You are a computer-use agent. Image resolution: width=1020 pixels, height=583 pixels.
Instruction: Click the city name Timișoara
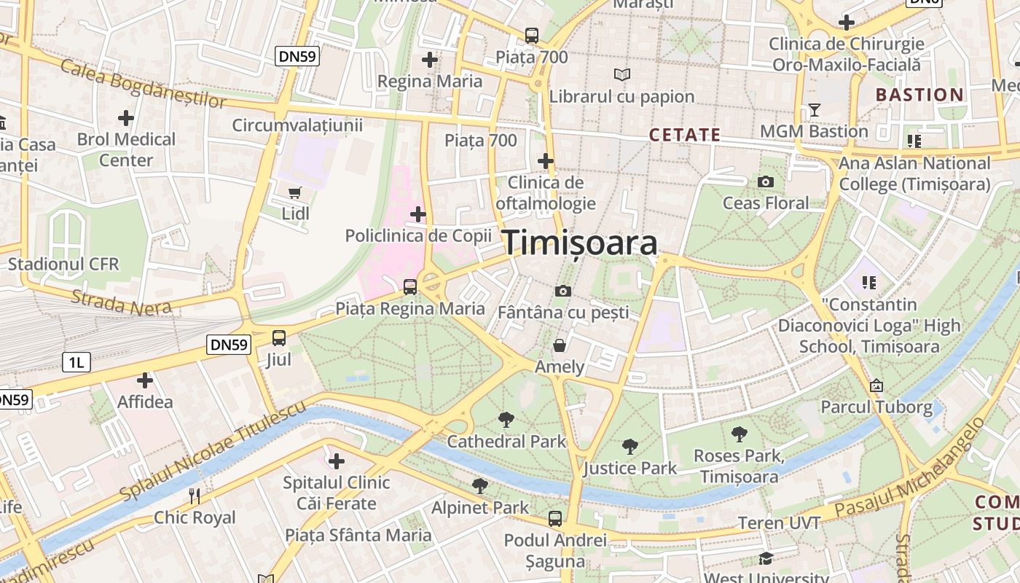[x=580, y=243]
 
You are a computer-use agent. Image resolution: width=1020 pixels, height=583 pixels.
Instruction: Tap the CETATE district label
[x=685, y=135]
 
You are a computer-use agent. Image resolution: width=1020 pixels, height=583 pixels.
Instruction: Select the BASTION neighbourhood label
[x=919, y=95]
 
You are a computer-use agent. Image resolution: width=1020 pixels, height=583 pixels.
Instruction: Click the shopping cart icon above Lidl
[x=295, y=193]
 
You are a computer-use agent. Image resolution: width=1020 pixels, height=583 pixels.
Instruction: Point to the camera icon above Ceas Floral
[x=766, y=181]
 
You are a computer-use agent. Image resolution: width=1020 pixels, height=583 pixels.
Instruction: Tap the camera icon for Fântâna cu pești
[x=562, y=291]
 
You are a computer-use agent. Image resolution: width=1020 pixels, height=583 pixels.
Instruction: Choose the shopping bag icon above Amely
[x=560, y=345]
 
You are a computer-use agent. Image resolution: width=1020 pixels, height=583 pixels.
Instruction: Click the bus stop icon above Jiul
[x=279, y=338]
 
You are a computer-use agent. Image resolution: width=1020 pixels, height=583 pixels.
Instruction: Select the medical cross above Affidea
[x=145, y=380]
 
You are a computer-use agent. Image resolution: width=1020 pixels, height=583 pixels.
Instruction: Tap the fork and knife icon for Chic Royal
[x=195, y=496]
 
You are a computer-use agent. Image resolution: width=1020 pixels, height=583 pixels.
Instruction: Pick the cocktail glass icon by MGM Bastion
[x=815, y=110]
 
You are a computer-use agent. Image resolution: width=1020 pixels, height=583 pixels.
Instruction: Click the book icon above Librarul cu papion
[x=621, y=74]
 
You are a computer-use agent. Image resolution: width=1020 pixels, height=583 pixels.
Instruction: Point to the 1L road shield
[x=76, y=361]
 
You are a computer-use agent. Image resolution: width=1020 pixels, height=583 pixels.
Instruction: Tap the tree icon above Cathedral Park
[x=506, y=420]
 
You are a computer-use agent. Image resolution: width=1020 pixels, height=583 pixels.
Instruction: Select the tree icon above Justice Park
[x=630, y=446]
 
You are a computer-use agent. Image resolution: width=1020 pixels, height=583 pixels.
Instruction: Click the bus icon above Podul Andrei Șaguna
[x=555, y=519]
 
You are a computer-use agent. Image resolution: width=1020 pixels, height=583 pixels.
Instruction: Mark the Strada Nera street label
[x=122, y=302]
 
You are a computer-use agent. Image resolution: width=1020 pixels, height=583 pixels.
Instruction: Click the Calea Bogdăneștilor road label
[x=144, y=85]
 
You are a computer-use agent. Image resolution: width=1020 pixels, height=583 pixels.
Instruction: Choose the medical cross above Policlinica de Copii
[x=418, y=214]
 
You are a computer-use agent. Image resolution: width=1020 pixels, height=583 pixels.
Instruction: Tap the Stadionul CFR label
[x=63, y=264]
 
